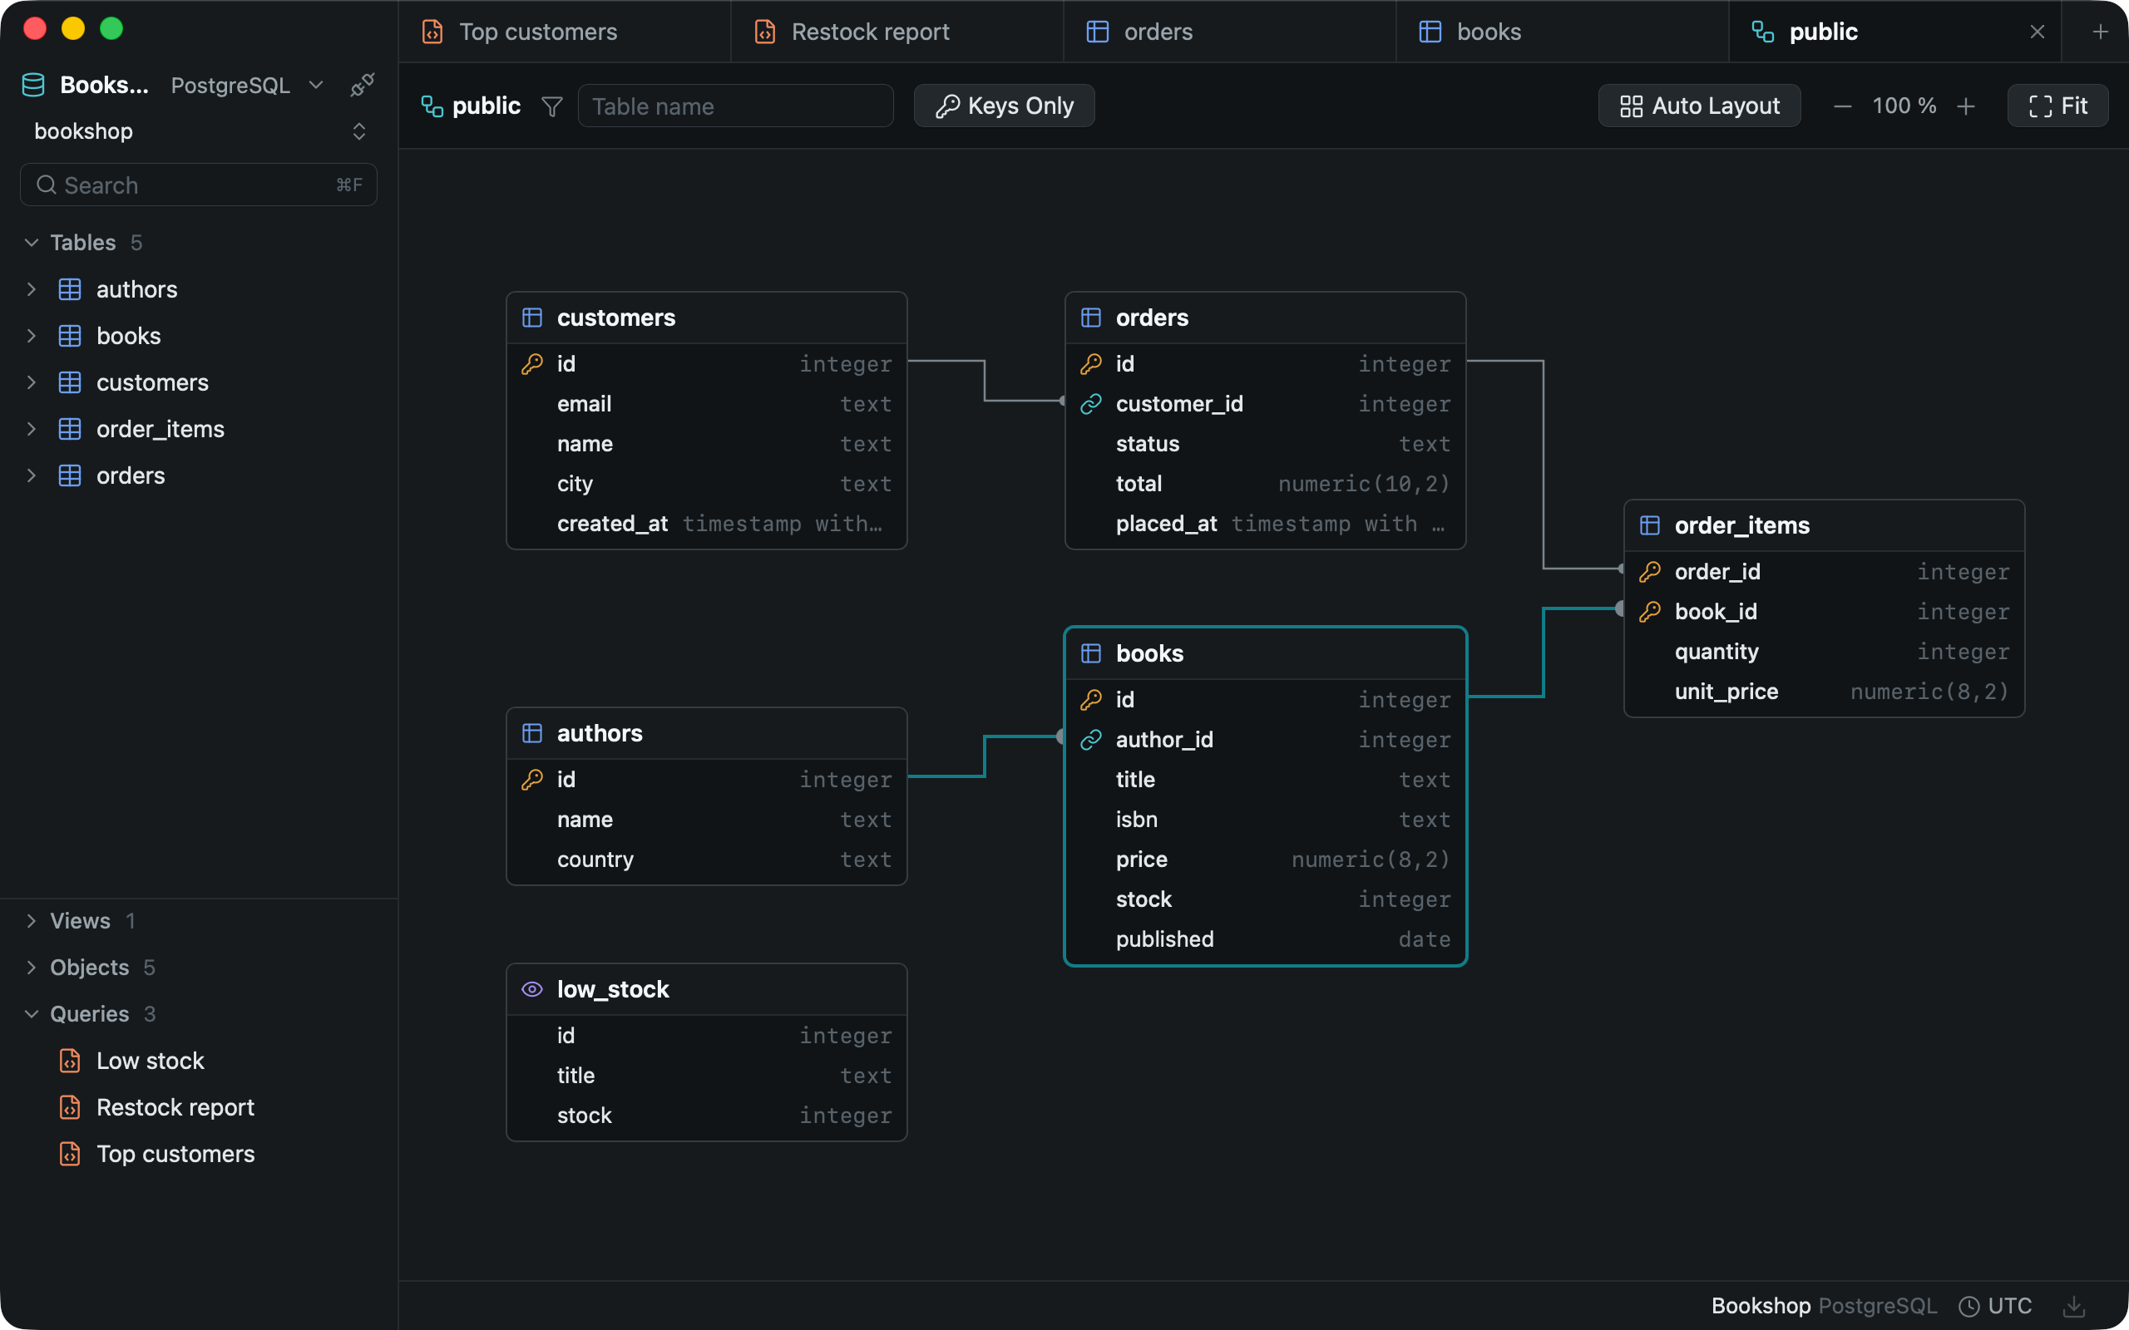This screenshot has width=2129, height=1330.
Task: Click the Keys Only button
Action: point(1004,106)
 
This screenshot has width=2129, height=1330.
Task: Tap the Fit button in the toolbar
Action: point(2057,106)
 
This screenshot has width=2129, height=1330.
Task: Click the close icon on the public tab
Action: point(2037,32)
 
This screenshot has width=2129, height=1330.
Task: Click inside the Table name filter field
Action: point(735,106)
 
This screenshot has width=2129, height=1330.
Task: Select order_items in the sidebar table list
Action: point(161,429)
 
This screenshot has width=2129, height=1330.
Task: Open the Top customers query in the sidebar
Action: point(175,1153)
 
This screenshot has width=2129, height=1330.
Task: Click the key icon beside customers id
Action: point(532,363)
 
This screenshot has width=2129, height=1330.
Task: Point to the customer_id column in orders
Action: point(1179,404)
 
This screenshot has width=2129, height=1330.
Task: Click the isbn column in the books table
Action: point(1137,819)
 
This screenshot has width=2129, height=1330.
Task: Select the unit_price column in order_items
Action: point(1726,692)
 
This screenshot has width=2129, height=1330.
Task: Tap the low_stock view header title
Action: point(613,988)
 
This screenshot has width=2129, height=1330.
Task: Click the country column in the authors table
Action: point(595,860)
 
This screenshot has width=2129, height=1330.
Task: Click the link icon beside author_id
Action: point(1091,740)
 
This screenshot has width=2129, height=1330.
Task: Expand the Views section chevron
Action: point(32,920)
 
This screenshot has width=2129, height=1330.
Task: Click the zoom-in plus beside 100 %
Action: point(1965,106)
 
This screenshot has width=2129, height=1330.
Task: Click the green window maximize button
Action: point(111,29)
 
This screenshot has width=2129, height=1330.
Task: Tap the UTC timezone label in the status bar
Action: point(2009,1305)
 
